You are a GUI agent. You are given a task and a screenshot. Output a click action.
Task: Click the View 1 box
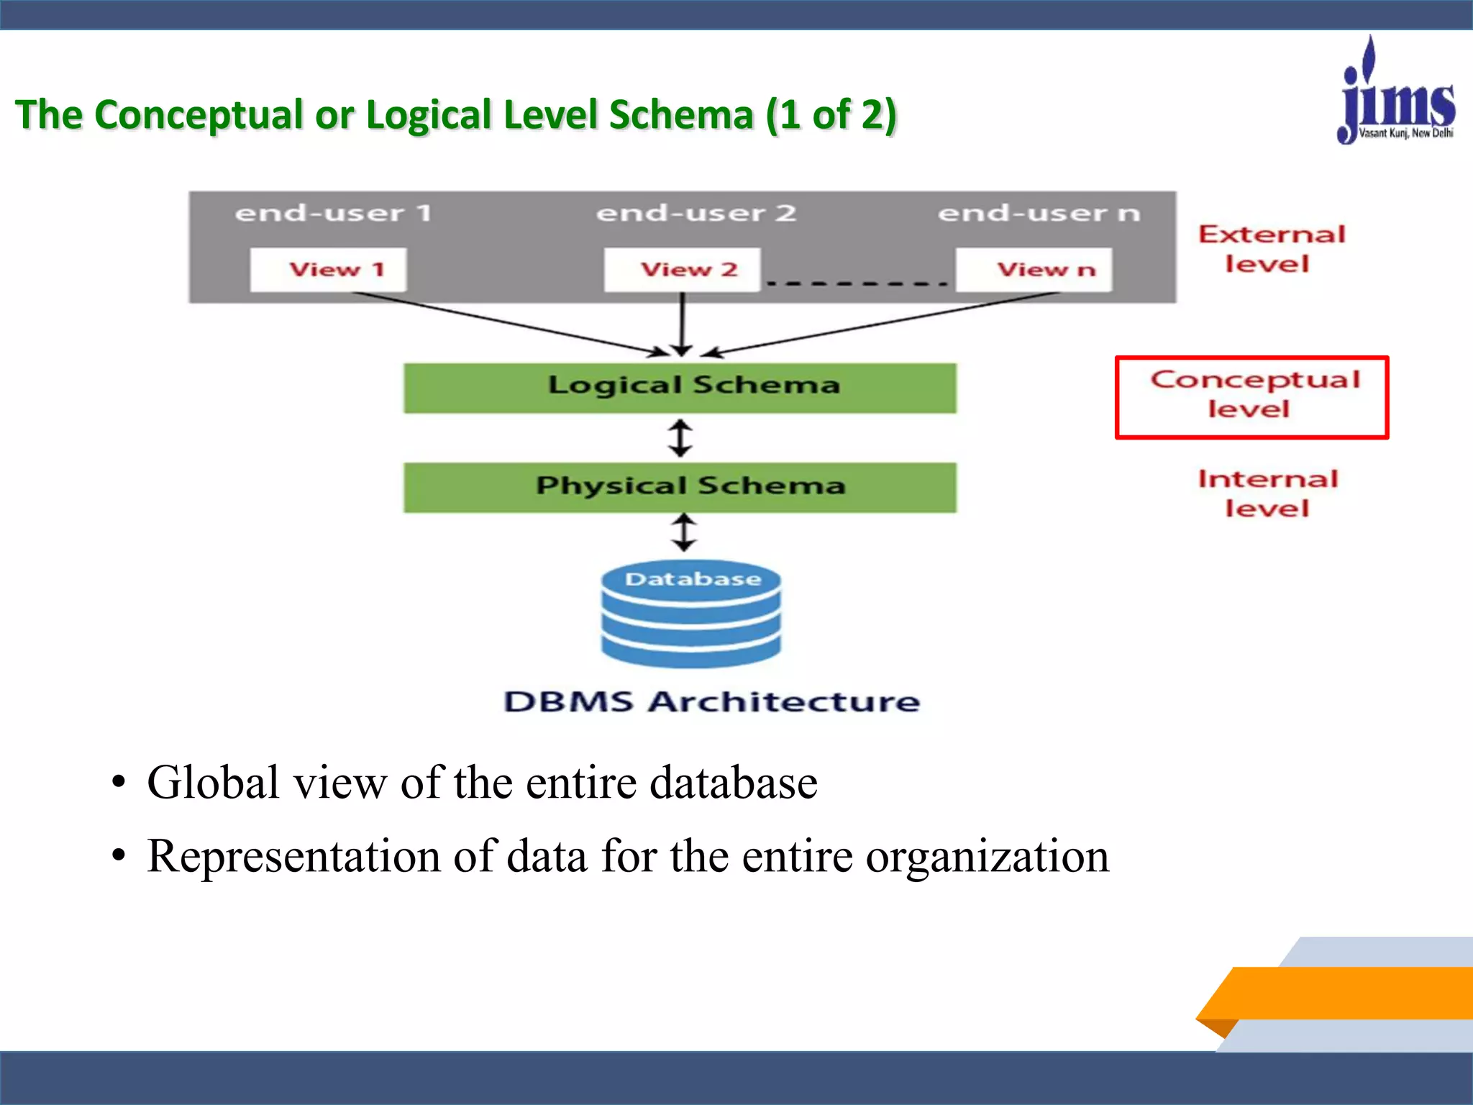point(328,270)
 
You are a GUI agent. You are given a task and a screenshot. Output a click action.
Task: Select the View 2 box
point(682,270)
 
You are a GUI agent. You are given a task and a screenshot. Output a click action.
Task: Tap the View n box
point(1034,270)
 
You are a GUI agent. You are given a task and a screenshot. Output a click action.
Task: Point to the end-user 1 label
point(333,213)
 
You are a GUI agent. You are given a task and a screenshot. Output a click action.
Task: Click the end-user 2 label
point(696,213)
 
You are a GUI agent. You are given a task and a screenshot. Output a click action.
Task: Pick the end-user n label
point(1039,213)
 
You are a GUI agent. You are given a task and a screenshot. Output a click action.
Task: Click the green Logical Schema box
point(680,388)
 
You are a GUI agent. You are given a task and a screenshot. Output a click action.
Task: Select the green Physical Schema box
point(680,487)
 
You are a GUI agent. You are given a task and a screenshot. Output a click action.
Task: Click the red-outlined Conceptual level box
point(1251,397)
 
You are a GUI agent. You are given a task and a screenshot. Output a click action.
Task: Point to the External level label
point(1270,249)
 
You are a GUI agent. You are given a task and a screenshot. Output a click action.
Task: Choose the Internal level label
point(1267,494)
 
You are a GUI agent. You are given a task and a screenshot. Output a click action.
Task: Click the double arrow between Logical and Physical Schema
point(680,438)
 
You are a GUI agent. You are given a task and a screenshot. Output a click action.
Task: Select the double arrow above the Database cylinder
point(683,532)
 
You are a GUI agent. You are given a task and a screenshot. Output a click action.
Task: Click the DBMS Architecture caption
point(711,701)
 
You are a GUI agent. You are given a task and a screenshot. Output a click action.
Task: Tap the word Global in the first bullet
point(213,783)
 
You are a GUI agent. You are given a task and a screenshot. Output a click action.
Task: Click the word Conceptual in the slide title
point(199,115)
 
